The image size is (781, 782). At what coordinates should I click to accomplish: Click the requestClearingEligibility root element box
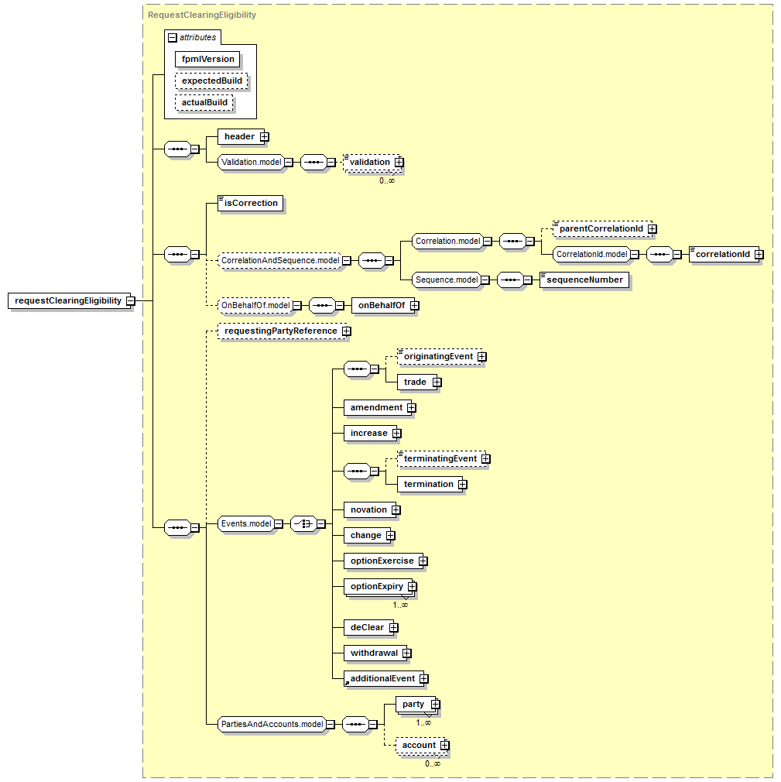pos(70,300)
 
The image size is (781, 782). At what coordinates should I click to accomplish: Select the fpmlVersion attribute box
pos(207,60)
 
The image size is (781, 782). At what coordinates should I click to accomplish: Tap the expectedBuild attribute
pos(211,81)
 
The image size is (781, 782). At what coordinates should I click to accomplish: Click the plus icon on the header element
pos(264,136)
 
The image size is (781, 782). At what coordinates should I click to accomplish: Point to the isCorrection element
pos(250,204)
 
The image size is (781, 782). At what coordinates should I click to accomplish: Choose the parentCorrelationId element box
pos(602,229)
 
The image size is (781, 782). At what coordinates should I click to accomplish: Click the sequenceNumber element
pos(584,280)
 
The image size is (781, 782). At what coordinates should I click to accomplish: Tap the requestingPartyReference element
pos(283,331)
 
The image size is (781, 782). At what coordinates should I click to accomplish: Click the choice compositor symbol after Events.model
pos(303,523)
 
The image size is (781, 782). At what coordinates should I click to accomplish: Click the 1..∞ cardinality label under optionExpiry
pos(400,605)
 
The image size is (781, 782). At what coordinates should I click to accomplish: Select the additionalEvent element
pos(383,679)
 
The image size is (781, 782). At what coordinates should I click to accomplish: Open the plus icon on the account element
pos(445,745)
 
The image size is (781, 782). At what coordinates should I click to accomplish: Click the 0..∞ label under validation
pos(387,180)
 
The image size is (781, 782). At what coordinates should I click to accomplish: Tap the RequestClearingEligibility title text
pos(202,15)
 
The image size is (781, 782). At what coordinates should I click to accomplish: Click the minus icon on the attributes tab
pos(173,37)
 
